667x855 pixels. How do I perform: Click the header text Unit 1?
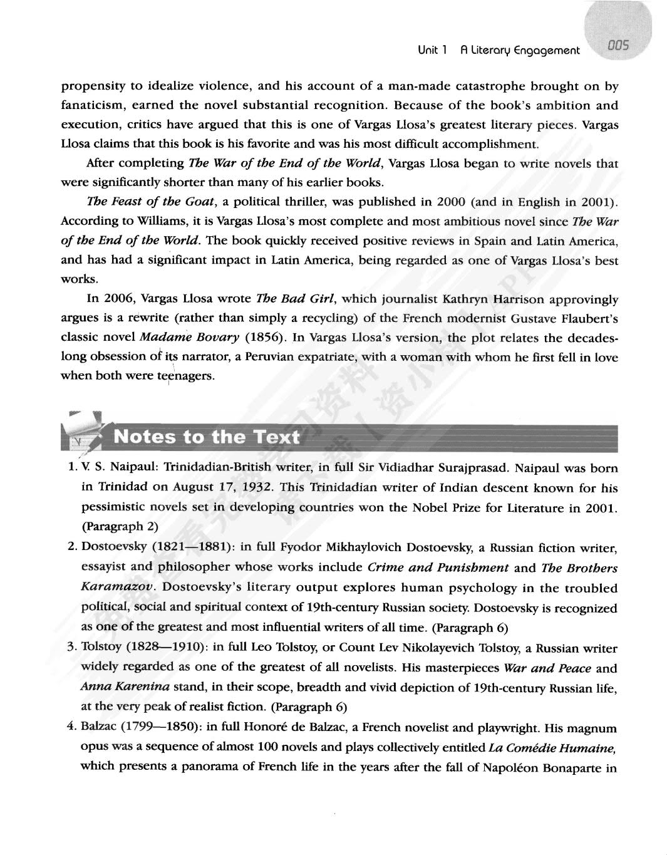[432, 50]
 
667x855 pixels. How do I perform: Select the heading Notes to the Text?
[207, 437]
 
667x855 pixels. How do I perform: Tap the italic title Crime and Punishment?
[438, 567]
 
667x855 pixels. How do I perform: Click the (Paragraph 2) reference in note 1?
[120, 526]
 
